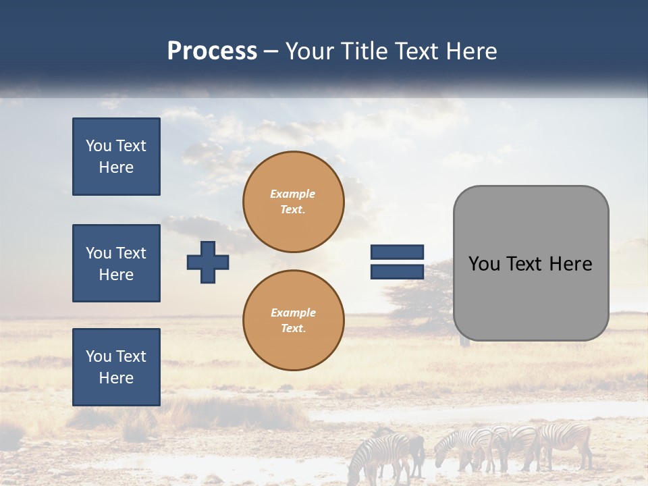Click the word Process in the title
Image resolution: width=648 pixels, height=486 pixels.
(212, 51)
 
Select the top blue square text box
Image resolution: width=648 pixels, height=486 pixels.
(116, 157)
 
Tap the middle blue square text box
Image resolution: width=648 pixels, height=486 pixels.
(116, 263)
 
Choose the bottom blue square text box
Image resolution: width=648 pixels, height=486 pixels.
(116, 367)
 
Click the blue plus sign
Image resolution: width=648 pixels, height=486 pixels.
(208, 262)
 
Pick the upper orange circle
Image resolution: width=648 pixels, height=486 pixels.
(293, 202)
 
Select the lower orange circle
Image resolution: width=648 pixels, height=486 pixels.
(293, 321)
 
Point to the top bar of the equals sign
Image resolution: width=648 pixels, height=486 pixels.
(397, 252)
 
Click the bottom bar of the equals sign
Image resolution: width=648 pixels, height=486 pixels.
(397, 271)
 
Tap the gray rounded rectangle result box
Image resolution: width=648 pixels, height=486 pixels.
(531, 263)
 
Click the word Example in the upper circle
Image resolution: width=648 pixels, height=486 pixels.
(293, 194)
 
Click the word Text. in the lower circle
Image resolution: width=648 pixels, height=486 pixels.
(293, 328)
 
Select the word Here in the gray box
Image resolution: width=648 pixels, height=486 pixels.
(570, 263)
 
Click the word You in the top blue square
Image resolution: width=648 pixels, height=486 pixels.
(99, 146)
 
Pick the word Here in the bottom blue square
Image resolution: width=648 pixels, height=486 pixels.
(116, 378)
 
